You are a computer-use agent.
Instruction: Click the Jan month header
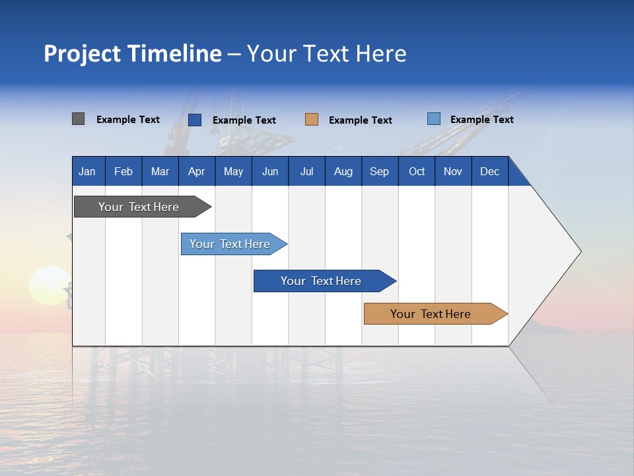(88, 171)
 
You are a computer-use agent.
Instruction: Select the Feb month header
(123, 171)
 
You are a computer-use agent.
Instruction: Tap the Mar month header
(160, 171)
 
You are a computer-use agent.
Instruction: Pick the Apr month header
(197, 171)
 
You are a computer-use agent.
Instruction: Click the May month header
(233, 171)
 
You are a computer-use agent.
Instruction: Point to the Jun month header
(270, 171)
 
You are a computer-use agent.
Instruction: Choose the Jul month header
(306, 171)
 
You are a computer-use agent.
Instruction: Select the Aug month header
(343, 171)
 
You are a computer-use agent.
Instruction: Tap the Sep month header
(380, 171)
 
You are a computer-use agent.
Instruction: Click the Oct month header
(417, 171)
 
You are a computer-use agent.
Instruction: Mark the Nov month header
(453, 171)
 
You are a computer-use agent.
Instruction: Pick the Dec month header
(490, 171)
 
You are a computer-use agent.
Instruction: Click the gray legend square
(78, 119)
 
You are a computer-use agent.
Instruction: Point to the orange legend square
(312, 120)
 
